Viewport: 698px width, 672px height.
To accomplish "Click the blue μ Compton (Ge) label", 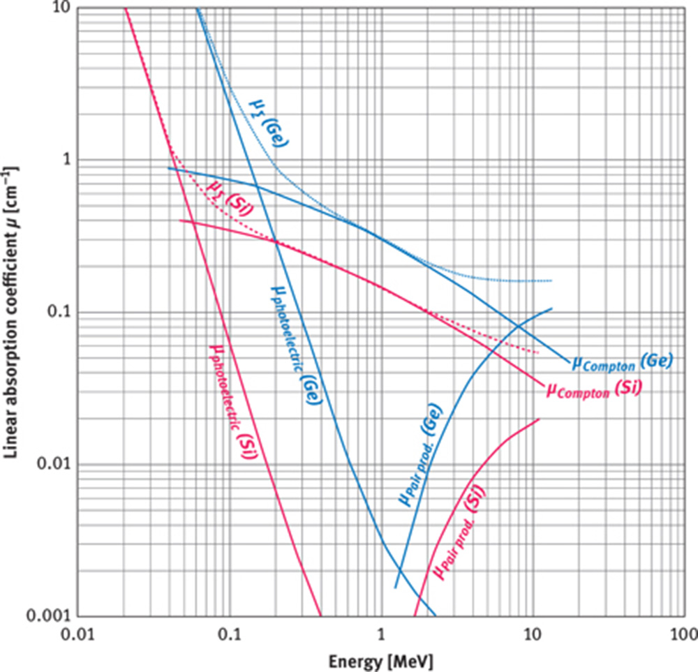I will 622,361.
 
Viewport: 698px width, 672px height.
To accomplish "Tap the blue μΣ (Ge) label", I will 270,117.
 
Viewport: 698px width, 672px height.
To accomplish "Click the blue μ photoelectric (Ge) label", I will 293,347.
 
